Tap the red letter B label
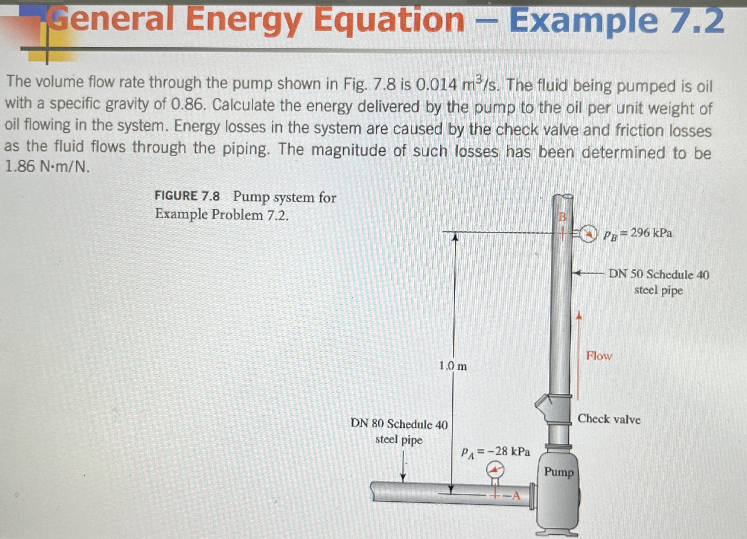coord(562,217)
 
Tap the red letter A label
coord(516,496)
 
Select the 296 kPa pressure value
coord(651,233)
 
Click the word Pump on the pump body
coord(559,471)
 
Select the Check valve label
coord(609,419)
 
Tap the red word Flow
coord(598,356)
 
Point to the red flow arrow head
coord(578,315)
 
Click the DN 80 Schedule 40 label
coord(399,424)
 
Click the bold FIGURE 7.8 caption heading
coord(187,196)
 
